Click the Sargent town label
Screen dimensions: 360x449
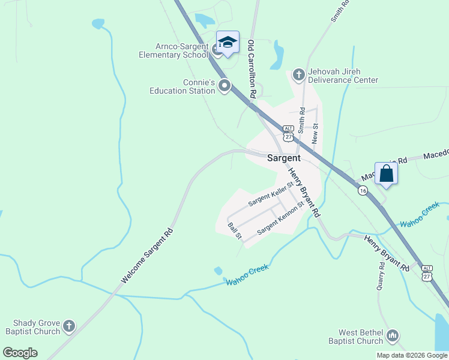(x=283, y=158)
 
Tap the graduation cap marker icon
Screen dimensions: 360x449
(x=228, y=42)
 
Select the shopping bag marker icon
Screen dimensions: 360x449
(x=387, y=174)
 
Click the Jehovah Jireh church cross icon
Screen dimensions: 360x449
(x=298, y=74)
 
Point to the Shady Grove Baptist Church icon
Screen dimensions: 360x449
(x=69, y=326)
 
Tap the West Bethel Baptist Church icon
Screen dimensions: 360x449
(x=393, y=335)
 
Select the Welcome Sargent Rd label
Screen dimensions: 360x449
(x=146, y=256)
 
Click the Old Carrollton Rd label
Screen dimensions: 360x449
(x=252, y=68)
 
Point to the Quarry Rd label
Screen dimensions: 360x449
(x=381, y=276)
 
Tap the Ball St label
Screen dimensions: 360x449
(x=235, y=231)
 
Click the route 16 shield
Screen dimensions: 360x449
(x=363, y=190)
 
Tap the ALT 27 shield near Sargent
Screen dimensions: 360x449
(x=288, y=133)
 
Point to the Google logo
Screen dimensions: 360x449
(x=20, y=353)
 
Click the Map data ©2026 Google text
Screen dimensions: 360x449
(x=411, y=355)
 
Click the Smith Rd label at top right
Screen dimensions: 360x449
(x=340, y=11)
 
